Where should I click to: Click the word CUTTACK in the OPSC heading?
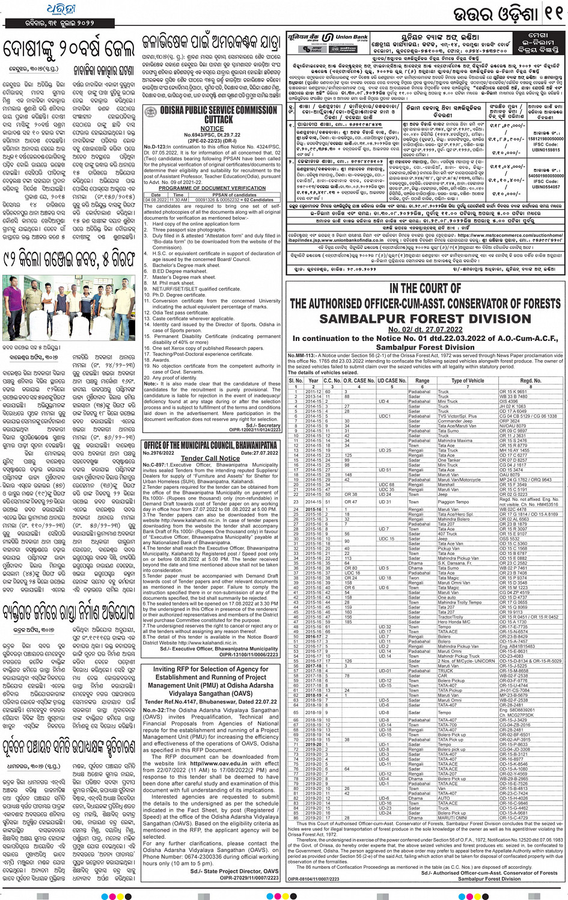tap(210, 120)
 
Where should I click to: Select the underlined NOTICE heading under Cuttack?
tap(212, 129)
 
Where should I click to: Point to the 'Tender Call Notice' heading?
tap(210, 458)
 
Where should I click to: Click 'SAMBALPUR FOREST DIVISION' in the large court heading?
tap(425, 319)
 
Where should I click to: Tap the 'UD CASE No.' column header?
tap(392, 381)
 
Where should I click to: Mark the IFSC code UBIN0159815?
tap(545, 150)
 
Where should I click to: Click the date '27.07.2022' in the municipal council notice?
tap(259, 453)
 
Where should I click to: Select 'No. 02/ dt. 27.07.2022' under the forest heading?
tap(425, 329)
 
